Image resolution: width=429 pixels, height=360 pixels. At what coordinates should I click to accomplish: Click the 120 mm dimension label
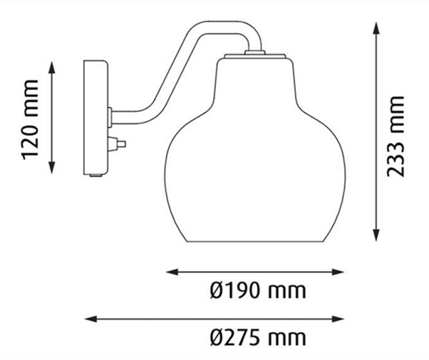tap(30, 119)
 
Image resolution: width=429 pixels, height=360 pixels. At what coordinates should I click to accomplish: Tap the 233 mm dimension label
tap(395, 136)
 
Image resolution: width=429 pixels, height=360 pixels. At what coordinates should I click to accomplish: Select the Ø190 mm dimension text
tap(258, 291)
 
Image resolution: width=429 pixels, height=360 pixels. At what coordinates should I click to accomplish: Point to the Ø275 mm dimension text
tap(258, 336)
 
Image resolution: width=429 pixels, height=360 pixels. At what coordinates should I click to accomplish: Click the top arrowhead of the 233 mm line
tap(376, 29)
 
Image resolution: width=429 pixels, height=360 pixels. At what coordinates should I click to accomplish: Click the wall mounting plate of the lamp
tap(97, 118)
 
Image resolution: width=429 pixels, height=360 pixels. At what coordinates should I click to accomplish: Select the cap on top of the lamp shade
tap(255, 54)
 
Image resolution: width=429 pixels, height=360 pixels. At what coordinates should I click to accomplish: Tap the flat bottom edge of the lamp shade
tap(255, 241)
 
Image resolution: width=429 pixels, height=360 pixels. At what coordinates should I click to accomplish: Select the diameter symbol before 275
tap(217, 336)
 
